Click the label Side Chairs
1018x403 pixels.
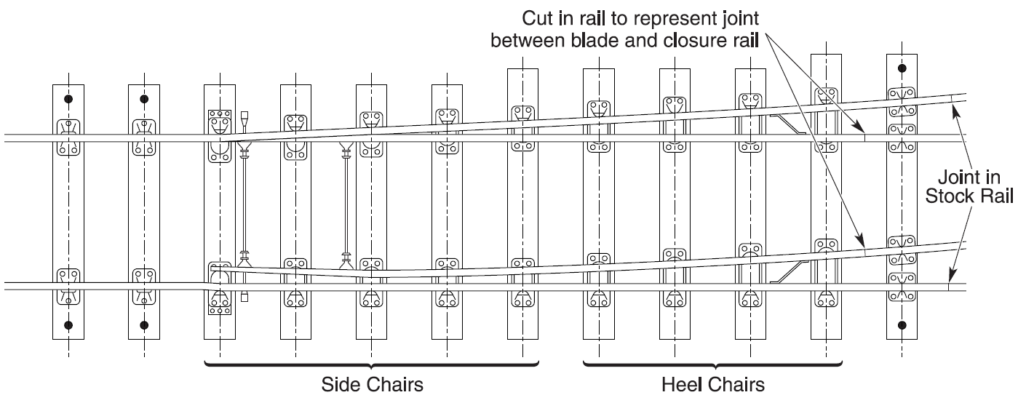tap(372, 383)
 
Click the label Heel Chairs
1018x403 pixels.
tap(713, 383)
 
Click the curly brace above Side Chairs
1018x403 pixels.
tap(372, 363)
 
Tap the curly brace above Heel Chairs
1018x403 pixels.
tap(713, 363)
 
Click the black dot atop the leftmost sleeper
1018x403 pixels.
tap(68, 99)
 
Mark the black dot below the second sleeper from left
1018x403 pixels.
tap(144, 324)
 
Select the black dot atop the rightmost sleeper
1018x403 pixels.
tap(902, 69)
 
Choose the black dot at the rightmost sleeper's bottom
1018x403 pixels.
tap(902, 324)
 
